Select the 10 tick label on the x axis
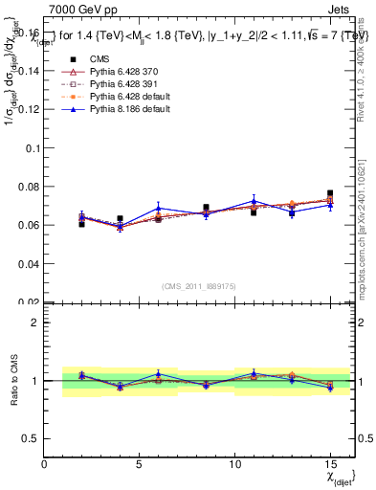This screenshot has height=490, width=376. (234, 463)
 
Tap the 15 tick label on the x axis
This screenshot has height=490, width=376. (329, 463)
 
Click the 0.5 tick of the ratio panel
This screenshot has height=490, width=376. (33, 438)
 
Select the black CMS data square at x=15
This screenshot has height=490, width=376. (330, 193)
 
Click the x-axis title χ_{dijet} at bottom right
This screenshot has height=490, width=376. (339, 476)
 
